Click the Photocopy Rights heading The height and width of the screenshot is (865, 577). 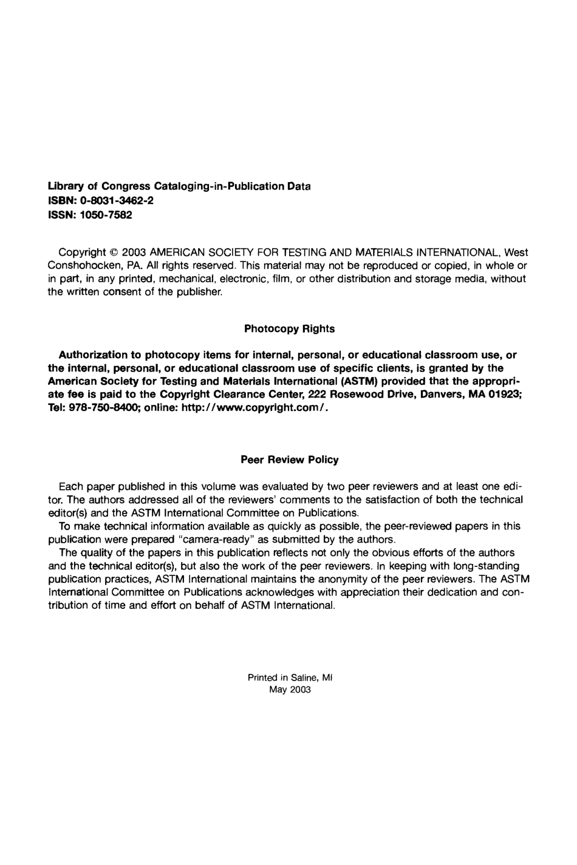(289, 329)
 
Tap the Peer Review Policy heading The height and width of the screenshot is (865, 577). (290, 460)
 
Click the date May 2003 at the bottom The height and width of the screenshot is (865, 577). (290, 690)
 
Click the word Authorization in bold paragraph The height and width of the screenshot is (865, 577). (93, 354)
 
